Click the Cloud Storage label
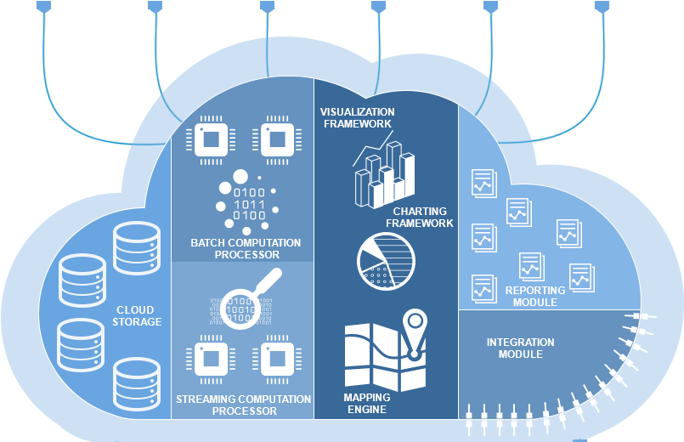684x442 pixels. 137,315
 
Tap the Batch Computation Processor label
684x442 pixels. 246,248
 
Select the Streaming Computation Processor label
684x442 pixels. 244,405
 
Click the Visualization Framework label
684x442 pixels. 357,117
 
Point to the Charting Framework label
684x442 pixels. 420,217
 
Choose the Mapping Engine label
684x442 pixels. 367,403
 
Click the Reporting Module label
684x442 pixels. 535,296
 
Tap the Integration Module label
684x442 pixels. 520,348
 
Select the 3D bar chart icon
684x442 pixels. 385,174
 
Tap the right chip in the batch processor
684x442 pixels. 276,139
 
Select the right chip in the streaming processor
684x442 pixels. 276,358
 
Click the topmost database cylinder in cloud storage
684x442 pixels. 136,247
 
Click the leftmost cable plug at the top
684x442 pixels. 43,7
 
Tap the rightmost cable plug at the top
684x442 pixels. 602,7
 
